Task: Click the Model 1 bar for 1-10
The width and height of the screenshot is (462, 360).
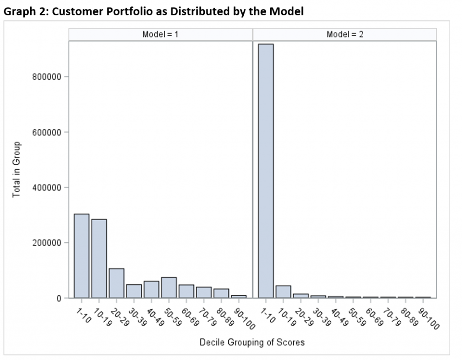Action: click(x=82, y=256)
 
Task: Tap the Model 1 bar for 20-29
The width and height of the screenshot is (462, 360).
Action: click(x=116, y=283)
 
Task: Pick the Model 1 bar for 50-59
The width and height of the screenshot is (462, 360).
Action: click(x=169, y=288)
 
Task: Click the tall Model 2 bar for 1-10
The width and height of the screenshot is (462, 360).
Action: click(x=266, y=171)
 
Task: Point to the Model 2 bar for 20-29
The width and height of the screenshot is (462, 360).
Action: click(x=300, y=296)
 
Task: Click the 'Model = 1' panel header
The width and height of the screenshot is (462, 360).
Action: click(x=161, y=34)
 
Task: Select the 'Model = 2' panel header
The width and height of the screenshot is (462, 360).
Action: click(x=345, y=34)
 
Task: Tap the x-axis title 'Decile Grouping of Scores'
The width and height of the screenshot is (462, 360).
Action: click(x=252, y=342)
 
